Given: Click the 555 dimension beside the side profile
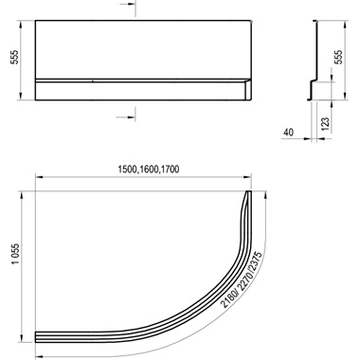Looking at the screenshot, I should point(338,58).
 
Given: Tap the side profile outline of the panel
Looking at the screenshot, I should point(315,57).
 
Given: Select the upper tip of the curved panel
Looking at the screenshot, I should point(249,193).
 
